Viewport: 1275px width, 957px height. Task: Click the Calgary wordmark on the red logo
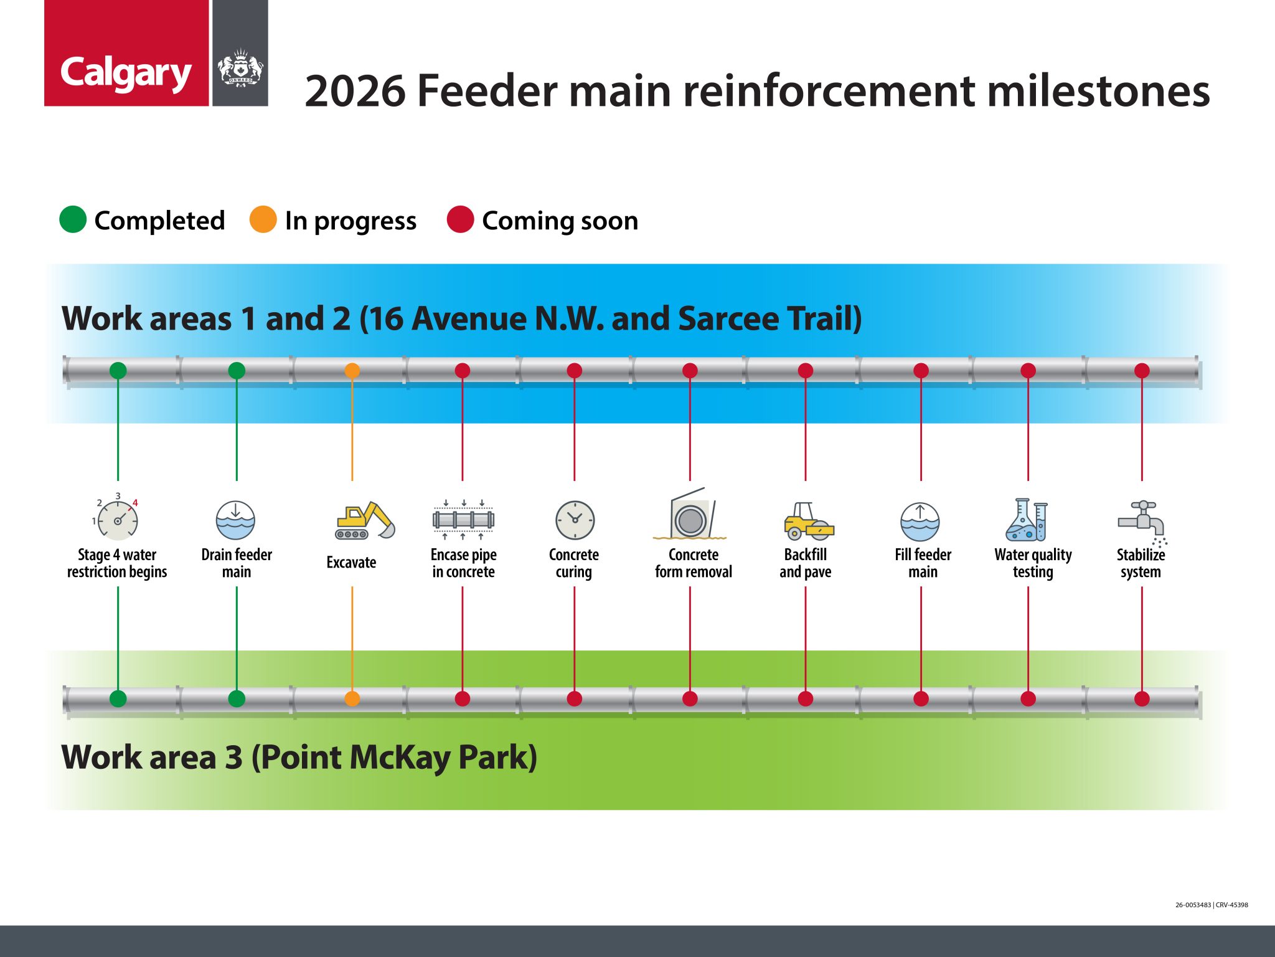(x=126, y=73)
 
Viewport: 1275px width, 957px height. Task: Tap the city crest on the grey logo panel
(x=240, y=69)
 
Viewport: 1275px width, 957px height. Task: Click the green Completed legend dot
(x=73, y=220)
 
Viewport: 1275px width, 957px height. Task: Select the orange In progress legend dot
(x=263, y=220)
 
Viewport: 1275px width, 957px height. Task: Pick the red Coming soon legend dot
(x=460, y=220)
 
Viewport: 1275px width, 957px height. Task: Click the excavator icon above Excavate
(x=365, y=521)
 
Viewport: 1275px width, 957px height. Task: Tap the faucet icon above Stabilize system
(x=1142, y=521)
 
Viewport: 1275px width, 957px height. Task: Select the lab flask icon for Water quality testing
(x=1027, y=520)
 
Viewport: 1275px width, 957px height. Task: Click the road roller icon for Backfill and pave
(x=807, y=521)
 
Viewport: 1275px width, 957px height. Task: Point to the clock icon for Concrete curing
(x=575, y=520)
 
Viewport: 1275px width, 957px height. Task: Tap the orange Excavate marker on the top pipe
(x=352, y=371)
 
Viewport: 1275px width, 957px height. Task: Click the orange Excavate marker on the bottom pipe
(x=352, y=698)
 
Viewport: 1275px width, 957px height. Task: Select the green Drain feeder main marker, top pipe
(x=237, y=371)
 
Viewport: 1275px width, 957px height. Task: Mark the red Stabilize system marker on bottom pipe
(x=1142, y=698)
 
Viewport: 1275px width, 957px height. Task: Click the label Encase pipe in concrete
(x=463, y=563)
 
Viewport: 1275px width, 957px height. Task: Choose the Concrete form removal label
(x=693, y=563)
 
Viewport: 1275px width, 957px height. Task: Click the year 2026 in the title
(x=355, y=91)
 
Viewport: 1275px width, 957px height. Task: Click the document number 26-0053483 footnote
(x=1192, y=905)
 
